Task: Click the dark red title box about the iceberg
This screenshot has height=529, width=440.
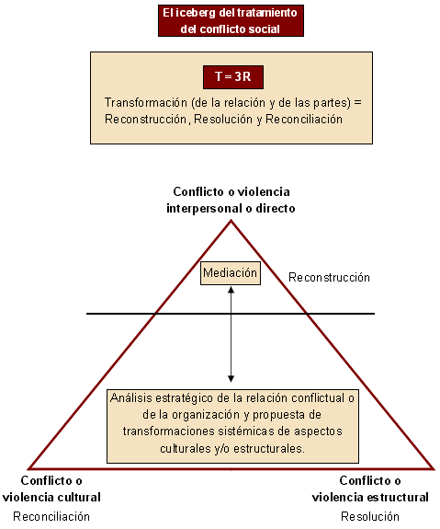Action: click(x=231, y=20)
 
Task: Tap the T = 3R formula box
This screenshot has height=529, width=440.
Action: click(x=233, y=77)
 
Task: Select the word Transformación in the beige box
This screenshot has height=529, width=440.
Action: click(x=145, y=102)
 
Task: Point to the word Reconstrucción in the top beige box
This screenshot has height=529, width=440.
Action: click(x=146, y=119)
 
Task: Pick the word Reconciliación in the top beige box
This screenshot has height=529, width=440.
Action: click(x=304, y=119)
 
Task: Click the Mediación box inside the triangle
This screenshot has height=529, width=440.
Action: click(x=231, y=273)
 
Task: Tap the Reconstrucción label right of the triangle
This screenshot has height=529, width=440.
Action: click(x=329, y=277)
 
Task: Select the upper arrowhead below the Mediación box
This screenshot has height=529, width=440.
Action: click(x=231, y=290)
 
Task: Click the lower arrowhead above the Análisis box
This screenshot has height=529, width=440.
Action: click(x=231, y=379)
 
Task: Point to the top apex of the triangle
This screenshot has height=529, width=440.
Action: click(x=231, y=221)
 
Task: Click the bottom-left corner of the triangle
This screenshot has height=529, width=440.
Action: click(x=28, y=469)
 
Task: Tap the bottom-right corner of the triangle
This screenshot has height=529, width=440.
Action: click(x=434, y=469)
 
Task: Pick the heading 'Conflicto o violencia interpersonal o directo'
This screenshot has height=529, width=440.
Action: click(x=231, y=200)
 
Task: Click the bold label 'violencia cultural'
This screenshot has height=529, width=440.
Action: click(x=51, y=497)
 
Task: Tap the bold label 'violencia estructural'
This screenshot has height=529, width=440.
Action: click(x=370, y=497)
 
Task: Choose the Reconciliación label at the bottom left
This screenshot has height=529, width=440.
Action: click(x=51, y=516)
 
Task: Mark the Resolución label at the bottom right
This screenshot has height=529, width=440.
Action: click(x=370, y=516)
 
